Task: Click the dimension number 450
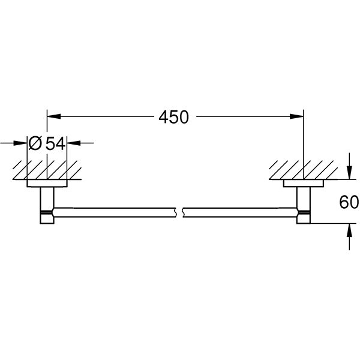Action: [x=174, y=117]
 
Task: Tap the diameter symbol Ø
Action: [x=35, y=143]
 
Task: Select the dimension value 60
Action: [x=348, y=202]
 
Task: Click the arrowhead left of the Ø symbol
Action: [x=23, y=143]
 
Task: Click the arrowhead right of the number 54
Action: [x=74, y=143]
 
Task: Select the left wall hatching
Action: [x=47, y=169]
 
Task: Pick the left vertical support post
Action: [x=46, y=204]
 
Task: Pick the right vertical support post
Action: [x=304, y=204]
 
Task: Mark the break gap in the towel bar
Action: [x=179, y=212]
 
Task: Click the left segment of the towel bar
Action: [x=114, y=212]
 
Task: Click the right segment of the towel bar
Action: [x=240, y=212]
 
